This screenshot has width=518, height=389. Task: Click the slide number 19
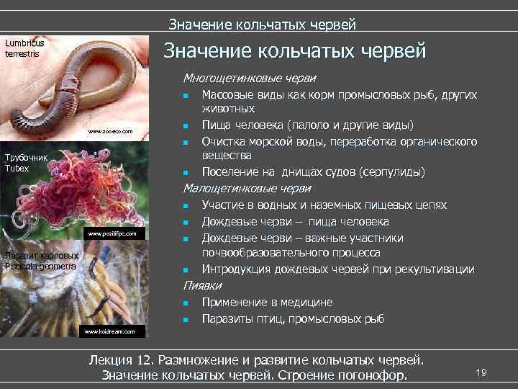pos(481,372)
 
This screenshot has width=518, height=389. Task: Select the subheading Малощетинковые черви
pos(247,188)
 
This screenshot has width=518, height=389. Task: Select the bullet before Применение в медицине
pos(186,303)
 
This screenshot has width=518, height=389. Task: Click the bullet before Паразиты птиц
pos(186,319)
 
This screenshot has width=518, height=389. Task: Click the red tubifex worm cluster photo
pos(79,194)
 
